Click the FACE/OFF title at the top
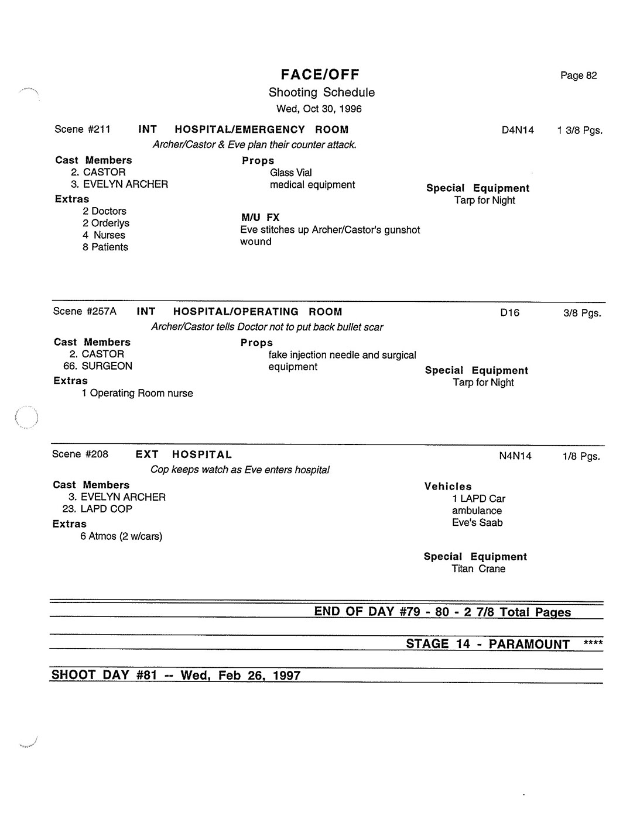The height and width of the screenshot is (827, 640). click(x=320, y=74)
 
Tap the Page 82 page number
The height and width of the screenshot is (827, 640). click(x=578, y=75)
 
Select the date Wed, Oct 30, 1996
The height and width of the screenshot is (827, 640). click(x=319, y=109)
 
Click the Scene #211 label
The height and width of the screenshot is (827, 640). click(x=83, y=129)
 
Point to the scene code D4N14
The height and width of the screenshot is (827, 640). click(x=518, y=130)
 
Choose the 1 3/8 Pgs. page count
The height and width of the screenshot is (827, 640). click(x=579, y=130)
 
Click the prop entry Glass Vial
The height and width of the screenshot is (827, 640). click(x=290, y=173)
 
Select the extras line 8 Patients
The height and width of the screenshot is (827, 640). click(x=105, y=247)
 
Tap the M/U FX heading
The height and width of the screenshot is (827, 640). click(x=261, y=218)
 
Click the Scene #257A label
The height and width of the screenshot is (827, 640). click(x=85, y=311)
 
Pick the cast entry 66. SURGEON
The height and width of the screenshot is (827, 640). click(x=98, y=366)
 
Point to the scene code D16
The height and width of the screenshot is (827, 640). click(x=509, y=312)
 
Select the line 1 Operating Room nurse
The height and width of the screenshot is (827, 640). click(x=137, y=393)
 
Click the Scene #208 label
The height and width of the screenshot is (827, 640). click(x=80, y=454)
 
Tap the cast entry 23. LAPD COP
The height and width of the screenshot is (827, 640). click(x=97, y=509)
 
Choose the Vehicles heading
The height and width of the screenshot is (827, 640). click(x=448, y=486)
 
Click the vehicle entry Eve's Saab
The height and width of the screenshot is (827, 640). click(x=477, y=523)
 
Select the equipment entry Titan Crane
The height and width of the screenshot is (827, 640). click(x=478, y=568)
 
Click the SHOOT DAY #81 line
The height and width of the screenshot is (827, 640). click(x=176, y=675)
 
